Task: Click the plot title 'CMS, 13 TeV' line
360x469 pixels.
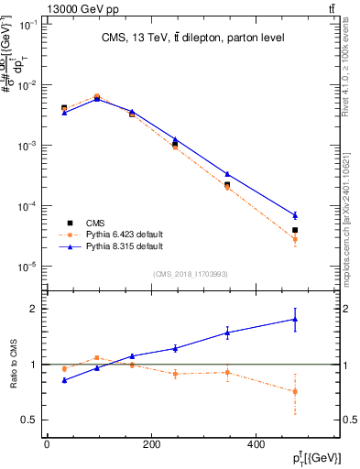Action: pyautogui.click(x=192, y=38)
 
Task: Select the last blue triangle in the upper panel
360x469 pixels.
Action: pyautogui.click(x=321, y=215)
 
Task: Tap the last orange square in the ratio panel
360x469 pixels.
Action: pyautogui.click(x=321, y=391)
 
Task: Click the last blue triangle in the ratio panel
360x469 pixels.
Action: pyautogui.click(x=321, y=319)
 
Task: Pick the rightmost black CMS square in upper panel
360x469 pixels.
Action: pyautogui.click(x=321, y=230)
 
